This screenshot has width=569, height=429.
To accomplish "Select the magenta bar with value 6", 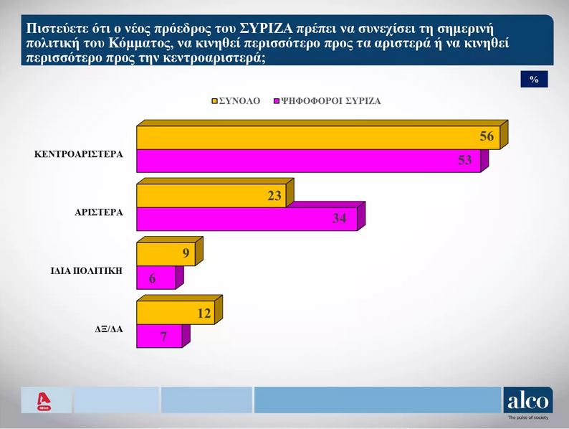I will coord(156,278).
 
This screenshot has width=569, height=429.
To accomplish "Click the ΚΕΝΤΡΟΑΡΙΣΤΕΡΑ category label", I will coord(79,154).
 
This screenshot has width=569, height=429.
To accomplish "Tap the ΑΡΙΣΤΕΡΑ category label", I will coord(99,212).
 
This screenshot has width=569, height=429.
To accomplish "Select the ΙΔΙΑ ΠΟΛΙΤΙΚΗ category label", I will coord(85,270).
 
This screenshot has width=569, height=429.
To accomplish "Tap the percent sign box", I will coord(534,80).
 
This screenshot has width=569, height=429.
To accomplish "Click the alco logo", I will coord(528,400).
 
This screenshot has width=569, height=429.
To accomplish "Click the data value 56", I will coord(487,137).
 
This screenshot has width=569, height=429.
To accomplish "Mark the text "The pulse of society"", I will coord(529,418).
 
